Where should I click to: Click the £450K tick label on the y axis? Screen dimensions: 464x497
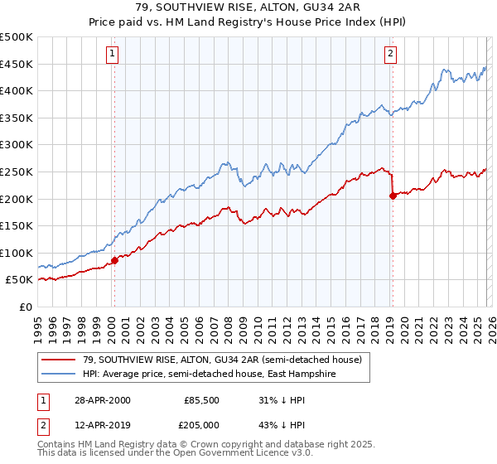(17, 64)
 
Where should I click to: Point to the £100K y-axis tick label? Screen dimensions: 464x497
(17, 253)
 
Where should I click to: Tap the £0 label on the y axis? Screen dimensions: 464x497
(25, 307)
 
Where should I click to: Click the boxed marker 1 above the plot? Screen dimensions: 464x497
(112, 55)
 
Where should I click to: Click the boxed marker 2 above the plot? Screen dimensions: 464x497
(390, 55)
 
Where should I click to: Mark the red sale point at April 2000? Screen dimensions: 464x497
(115, 260)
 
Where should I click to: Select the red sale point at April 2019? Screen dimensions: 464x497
(393, 196)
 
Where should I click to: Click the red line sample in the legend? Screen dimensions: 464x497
(59, 360)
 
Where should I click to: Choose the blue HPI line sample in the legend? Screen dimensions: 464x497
(59, 375)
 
